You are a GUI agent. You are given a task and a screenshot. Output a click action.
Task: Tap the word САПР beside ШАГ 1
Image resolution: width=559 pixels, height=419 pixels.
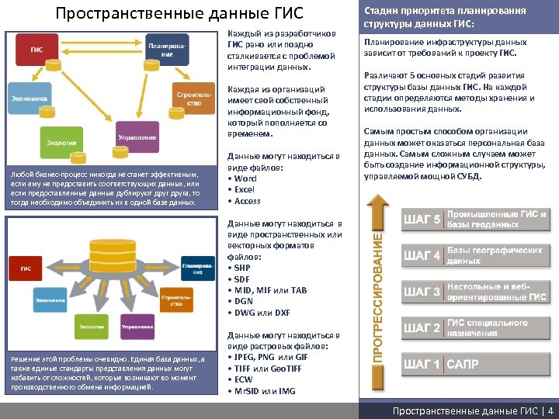[463, 364]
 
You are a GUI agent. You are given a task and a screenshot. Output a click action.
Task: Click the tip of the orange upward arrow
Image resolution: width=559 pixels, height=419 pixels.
[377, 196]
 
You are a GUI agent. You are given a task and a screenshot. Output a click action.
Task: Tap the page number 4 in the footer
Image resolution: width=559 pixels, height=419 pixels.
[550, 411]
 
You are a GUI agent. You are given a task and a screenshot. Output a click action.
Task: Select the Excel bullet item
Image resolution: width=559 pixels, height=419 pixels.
[244, 189]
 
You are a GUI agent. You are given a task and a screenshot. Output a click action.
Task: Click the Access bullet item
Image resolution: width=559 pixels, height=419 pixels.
[247, 201]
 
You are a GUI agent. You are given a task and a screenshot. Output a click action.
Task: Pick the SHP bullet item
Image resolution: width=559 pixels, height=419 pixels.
[242, 268]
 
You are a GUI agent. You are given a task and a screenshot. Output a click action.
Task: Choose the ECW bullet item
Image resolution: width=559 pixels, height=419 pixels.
[244, 379]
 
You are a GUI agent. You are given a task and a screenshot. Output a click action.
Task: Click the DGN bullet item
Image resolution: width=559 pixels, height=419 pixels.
[244, 301]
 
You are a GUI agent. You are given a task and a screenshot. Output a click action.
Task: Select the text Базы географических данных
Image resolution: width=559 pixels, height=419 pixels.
[495, 255]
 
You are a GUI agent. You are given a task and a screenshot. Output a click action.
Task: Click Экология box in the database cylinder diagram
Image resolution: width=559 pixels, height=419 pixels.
[90, 328]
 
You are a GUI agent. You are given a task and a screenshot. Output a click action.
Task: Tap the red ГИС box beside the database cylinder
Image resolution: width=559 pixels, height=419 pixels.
[26, 268]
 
